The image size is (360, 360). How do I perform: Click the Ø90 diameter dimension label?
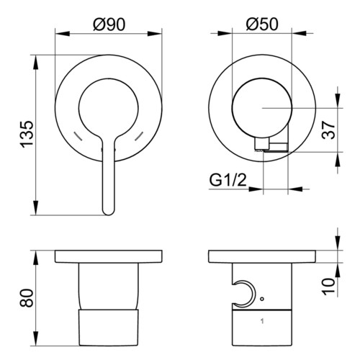coord(109,24)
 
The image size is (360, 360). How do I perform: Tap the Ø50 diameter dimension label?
coord(262,24)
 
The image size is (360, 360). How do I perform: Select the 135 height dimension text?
coord(27,135)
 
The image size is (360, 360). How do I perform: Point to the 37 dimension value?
coord(328,130)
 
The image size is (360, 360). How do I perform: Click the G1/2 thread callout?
coord(228,180)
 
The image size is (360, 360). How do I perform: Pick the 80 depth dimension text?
coord(27,298)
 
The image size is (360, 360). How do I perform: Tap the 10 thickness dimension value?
coord(328,287)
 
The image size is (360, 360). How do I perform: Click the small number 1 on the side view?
coord(262,321)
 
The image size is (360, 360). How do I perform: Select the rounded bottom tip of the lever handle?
coord(108,213)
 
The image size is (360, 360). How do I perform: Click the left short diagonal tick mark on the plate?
coord(78,136)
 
